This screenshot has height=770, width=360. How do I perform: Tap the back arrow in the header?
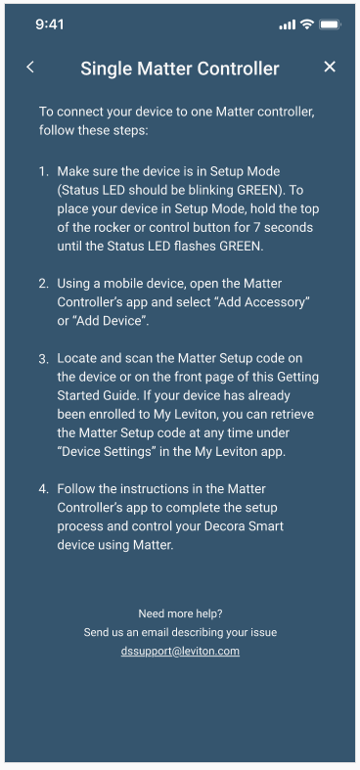30,67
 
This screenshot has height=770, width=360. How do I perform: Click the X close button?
330,67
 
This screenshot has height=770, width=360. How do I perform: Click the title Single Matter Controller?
180,68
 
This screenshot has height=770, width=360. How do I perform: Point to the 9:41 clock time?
50,23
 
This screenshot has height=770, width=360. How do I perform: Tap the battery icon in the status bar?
330,23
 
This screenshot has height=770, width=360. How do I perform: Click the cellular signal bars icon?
287,24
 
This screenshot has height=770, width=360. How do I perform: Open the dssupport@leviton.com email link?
180,651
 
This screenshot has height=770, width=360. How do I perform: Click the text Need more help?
180,613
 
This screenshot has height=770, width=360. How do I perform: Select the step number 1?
43,171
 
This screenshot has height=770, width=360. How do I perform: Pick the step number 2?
43,283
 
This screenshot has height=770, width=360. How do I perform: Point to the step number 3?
43,360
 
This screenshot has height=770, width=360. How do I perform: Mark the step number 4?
43,487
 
